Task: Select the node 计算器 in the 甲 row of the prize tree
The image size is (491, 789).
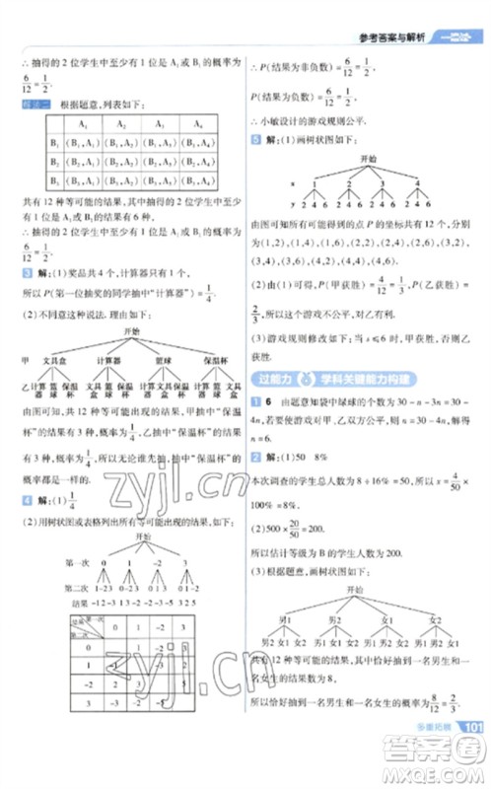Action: (x=108, y=361)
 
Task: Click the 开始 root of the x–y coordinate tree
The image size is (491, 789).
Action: (x=370, y=160)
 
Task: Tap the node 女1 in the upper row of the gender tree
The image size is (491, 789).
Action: (x=383, y=619)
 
